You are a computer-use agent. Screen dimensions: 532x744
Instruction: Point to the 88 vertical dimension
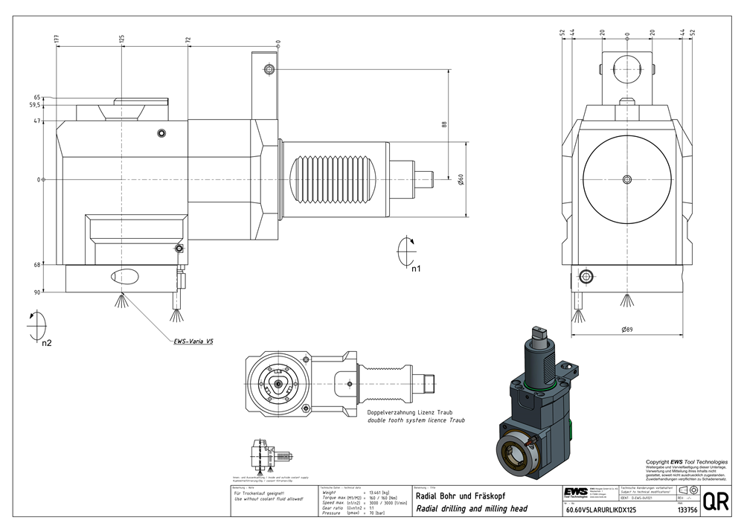[x=444, y=124]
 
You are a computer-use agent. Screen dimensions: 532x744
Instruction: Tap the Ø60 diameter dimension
[x=461, y=179]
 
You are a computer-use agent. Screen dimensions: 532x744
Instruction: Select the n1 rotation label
[x=417, y=268]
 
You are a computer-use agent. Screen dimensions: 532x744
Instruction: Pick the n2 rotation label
[x=46, y=343]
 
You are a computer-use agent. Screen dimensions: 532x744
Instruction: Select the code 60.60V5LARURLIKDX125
[x=601, y=510]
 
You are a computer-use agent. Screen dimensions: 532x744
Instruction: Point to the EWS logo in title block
[x=575, y=495]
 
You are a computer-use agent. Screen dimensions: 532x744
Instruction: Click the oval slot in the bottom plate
[x=124, y=277]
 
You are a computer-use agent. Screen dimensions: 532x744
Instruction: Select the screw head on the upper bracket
[x=269, y=69]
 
